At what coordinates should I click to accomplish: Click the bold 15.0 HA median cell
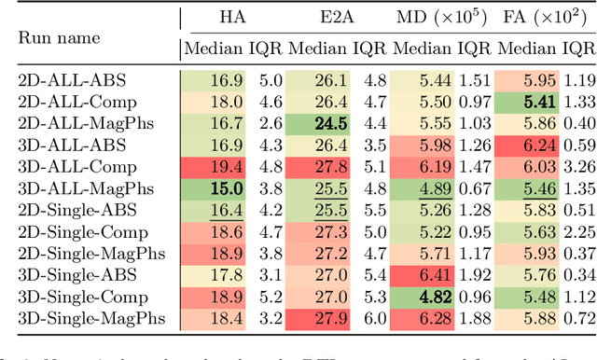click(x=229, y=188)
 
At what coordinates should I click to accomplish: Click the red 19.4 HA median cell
click(x=229, y=167)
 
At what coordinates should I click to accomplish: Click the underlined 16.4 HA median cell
click(x=229, y=210)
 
